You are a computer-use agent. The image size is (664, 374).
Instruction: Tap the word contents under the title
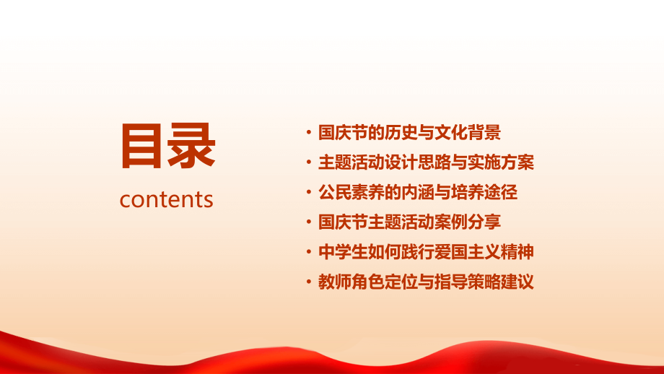[x=167, y=199]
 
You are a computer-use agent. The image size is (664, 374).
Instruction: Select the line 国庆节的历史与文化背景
[x=409, y=133]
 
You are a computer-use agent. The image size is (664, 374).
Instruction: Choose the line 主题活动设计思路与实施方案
[x=426, y=162]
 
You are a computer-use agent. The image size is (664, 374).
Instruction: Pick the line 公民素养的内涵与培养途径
[x=418, y=193]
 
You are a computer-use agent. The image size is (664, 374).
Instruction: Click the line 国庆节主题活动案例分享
[x=409, y=222]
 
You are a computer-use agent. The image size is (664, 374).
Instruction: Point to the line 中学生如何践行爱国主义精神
[x=426, y=253]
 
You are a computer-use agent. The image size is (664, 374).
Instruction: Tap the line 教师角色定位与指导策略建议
[x=426, y=282]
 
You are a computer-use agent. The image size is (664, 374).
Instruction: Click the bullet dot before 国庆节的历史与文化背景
[x=309, y=134]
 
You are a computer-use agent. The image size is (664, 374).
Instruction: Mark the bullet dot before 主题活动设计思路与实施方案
[x=309, y=163]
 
